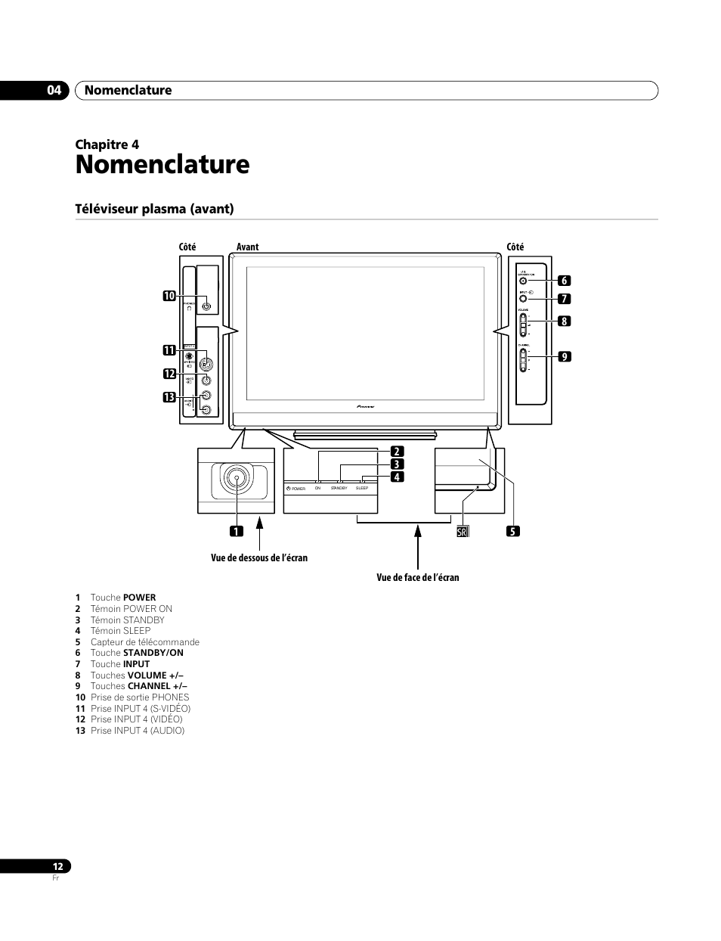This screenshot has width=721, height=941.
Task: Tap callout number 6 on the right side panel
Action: coord(563,281)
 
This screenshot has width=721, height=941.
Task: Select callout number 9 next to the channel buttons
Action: coord(563,356)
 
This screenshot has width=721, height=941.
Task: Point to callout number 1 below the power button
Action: coord(237,531)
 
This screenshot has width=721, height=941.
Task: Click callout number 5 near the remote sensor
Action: coord(513,531)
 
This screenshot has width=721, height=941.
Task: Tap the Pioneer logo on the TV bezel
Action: coord(365,406)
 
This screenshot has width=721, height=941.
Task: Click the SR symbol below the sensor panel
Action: coord(463,531)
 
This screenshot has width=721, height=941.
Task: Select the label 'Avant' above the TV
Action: coord(247,247)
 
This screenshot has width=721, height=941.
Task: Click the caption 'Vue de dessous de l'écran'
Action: coord(259,558)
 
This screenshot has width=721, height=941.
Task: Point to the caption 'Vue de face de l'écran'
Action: coord(418,578)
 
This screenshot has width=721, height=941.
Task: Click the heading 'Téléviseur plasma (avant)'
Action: coord(154,209)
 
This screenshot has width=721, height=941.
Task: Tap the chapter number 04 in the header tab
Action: coord(53,91)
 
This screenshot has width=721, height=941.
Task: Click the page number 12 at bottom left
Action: coord(57,867)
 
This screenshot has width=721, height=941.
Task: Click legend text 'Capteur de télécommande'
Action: coord(145,642)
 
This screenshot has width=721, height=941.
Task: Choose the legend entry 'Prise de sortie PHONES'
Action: coord(140,697)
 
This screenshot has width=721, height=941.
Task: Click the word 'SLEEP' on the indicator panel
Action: coord(362,489)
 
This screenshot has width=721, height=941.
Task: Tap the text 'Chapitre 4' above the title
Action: coord(107,144)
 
